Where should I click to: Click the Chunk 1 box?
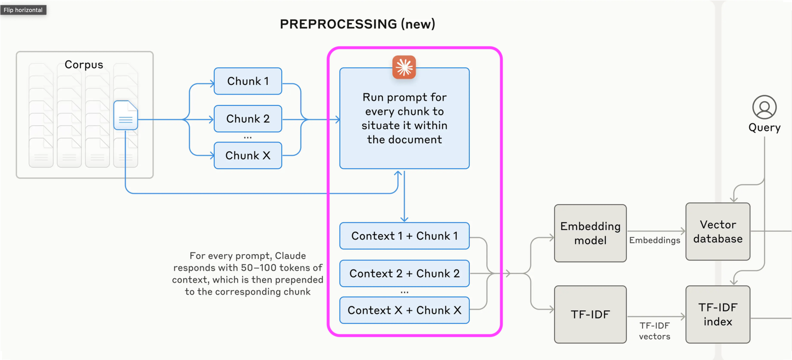click(247, 81)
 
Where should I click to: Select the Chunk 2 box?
click(247, 119)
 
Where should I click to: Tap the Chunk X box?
click(247, 155)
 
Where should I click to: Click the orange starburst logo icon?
click(404, 67)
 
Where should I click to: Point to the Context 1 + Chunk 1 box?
click(404, 236)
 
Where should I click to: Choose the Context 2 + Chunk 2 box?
click(404, 273)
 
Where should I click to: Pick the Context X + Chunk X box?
click(404, 310)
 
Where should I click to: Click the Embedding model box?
click(590, 233)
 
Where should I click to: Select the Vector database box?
click(718, 232)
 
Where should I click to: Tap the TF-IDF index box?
click(718, 314)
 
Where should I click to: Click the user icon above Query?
click(764, 107)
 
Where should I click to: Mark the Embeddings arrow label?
click(654, 240)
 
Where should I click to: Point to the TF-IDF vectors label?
click(654, 331)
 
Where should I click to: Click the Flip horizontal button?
click(23, 10)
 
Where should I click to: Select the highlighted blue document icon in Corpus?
click(126, 115)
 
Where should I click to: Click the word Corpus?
click(84, 65)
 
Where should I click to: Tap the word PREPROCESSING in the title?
click(338, 24)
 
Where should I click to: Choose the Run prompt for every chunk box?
click(404, 119)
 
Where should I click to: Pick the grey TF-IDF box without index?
click(590, 314)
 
